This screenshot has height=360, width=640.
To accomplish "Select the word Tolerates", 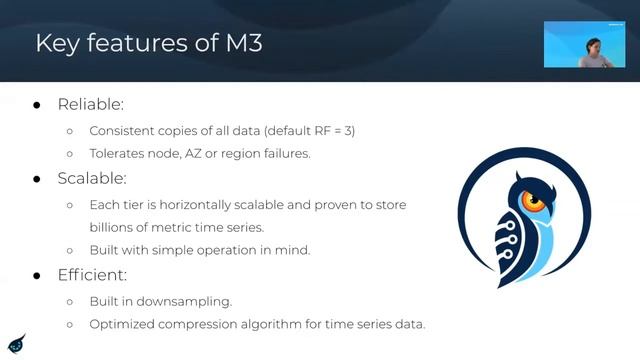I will click(x=118, y=154).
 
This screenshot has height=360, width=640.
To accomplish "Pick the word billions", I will click(x=113, y=227).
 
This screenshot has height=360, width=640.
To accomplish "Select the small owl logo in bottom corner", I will click(x=16, y=342).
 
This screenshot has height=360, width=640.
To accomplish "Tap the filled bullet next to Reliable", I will click(x=37, y=105).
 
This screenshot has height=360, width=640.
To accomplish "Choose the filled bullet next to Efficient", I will click(x=37, y=273).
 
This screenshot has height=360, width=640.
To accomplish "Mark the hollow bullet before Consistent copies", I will click(x=69, y=131).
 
